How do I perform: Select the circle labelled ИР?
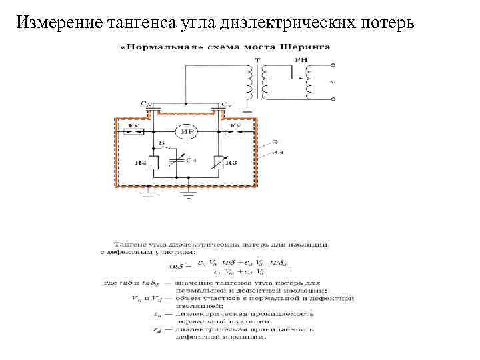188,131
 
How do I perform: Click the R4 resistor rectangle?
154,162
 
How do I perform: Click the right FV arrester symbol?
237,131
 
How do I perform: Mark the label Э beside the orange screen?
273,142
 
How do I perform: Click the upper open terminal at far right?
333,65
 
